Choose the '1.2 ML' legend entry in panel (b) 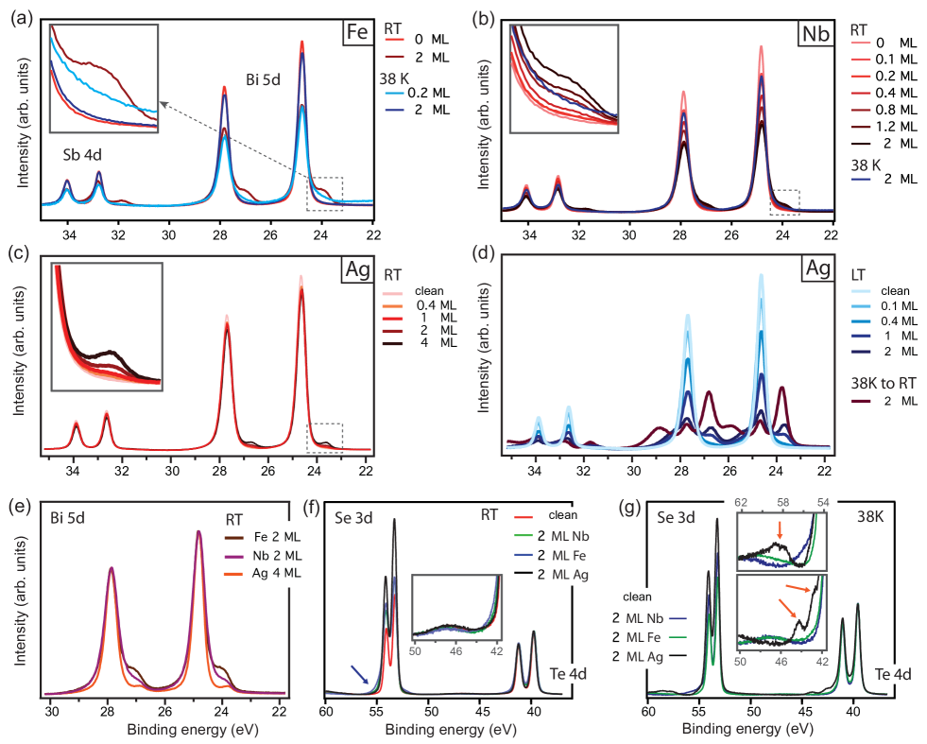(x=889, y=124)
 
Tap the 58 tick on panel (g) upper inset (x=782, y=501)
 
